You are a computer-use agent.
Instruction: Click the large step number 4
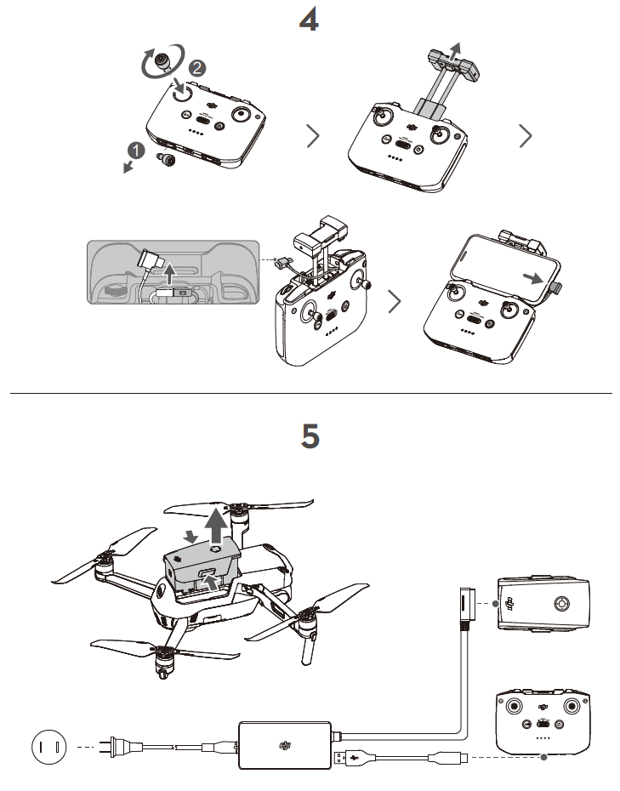coord(310,19)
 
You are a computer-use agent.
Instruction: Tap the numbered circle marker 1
coord(134,151)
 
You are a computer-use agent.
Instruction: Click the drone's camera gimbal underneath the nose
coord(161,667)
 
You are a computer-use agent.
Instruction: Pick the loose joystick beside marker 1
coord(168,158)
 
